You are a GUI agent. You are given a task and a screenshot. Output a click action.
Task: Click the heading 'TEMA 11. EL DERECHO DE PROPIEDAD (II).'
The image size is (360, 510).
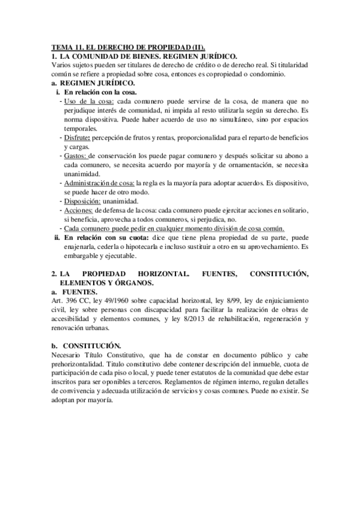127,46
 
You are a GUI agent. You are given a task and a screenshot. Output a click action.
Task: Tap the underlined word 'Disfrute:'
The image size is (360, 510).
78,138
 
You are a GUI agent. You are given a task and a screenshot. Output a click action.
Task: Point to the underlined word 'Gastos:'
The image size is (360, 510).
75,156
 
